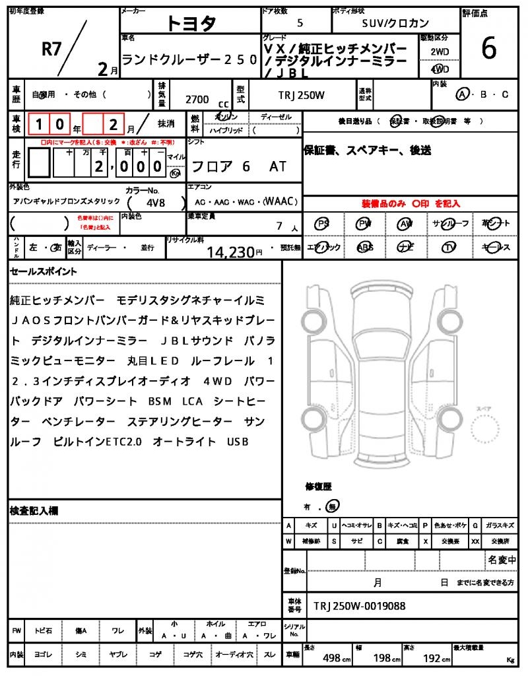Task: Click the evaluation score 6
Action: click(489, 50)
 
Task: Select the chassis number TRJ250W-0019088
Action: click(359, 606)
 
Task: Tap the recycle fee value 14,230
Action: click(230, 252)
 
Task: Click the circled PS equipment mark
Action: click(323, 224)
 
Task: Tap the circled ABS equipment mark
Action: click(364, 247)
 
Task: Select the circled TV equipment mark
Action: click(449, 247)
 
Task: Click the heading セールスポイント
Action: click(44, 271)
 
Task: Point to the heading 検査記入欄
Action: click(34, 511)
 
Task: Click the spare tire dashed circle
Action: click(486, 432)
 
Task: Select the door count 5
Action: click(300, 22)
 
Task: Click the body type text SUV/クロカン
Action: click(395, 22)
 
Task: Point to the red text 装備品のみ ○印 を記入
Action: click(410, 204)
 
